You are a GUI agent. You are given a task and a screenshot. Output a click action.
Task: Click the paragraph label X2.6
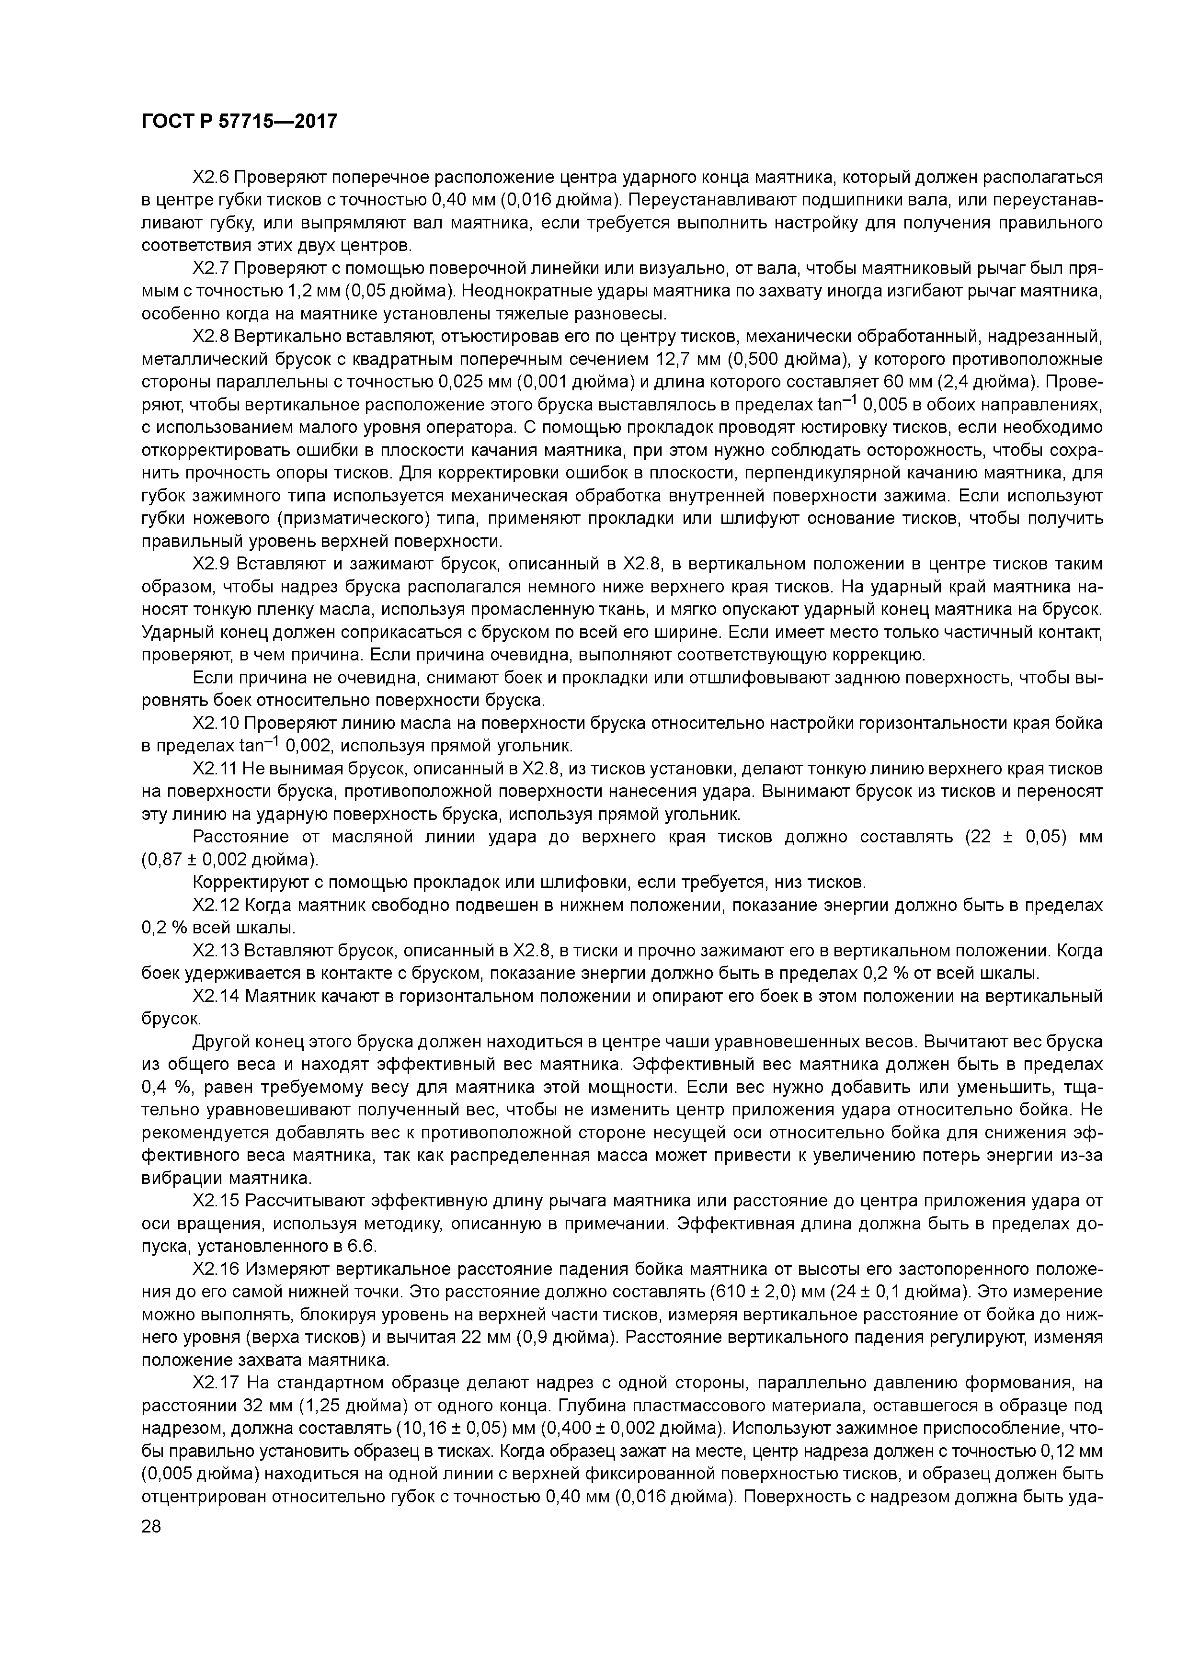tap(212, 178)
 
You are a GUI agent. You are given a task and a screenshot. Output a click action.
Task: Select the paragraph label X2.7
tap(212, 269)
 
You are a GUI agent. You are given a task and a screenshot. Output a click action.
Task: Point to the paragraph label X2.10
tap(216, 724)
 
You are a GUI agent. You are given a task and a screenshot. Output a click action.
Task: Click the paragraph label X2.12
tap(216, 905)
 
